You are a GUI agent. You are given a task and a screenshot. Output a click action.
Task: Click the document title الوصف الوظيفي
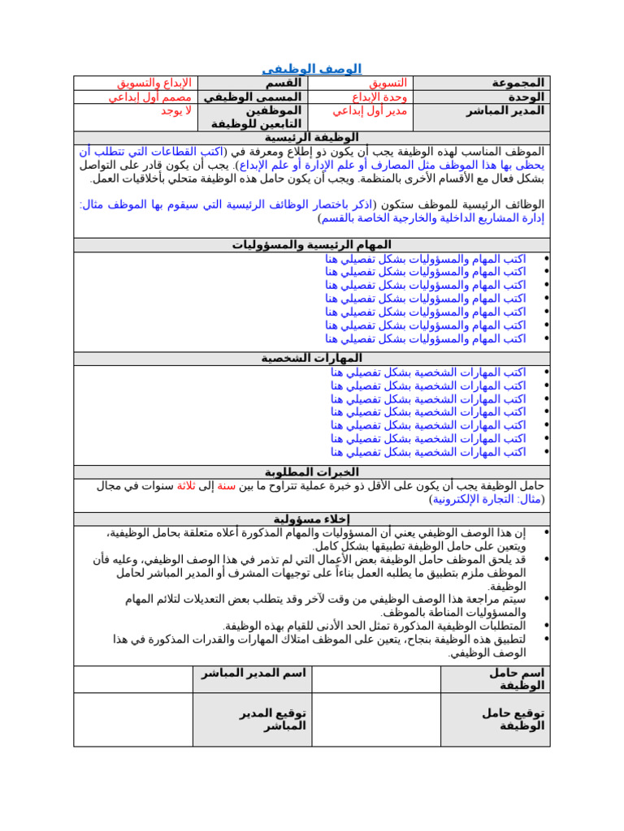312,69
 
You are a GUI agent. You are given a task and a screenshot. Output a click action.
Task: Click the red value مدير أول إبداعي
370,110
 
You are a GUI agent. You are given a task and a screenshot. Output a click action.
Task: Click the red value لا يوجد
175,110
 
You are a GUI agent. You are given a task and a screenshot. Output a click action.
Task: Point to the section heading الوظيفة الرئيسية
312,138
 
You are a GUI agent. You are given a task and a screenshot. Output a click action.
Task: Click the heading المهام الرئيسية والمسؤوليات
312,244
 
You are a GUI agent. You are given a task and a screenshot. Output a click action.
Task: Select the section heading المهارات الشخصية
312,358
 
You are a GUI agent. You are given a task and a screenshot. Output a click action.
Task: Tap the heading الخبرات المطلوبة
312,471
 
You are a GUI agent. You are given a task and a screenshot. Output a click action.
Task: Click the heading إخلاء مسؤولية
312,519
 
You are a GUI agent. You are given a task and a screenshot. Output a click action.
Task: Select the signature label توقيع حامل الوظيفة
513,719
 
